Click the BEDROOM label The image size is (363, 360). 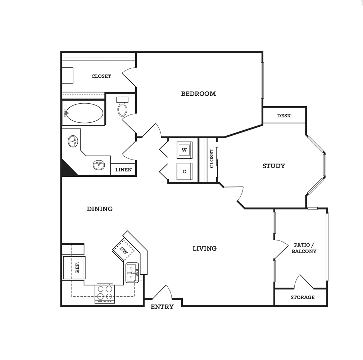click(x=198, y=94)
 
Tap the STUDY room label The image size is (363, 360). click(x=274, y=166)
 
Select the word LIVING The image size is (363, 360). click(x=205, y=248)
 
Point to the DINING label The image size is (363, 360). click(x=100, y=209)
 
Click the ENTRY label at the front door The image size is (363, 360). click(x=162, y=307)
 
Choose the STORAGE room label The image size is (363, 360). click(x=303, y=297)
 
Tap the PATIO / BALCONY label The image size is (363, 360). click(x=304, y=248)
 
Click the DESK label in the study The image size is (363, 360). click(x=284, y=116)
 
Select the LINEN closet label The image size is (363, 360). click(x=124, y=170)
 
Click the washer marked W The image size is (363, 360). click(x=185, y=150)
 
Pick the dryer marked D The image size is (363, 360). click(x=185, y=171)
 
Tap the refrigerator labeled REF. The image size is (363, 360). click(x=74, y=267)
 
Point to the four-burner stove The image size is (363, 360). click(x=105, y=293)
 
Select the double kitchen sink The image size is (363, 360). click(x=132, y=273)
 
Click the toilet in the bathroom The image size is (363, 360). click(x=122, y=107)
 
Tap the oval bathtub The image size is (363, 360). click(x=83, y=113)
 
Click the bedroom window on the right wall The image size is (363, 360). click(x=262, y=80)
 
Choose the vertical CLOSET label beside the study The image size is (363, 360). click(x=212, y=158)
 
